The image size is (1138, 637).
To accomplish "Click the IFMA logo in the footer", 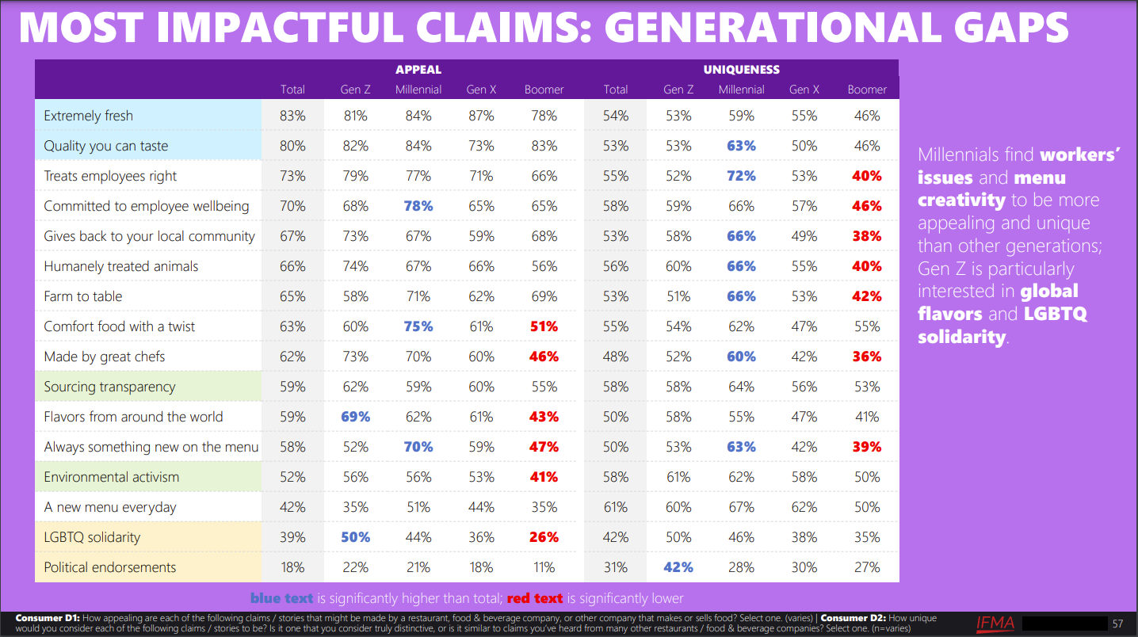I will pos(995,623).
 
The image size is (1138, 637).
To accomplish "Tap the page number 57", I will pos(1118,624).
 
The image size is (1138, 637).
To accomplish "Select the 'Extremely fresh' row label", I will pos(89,116).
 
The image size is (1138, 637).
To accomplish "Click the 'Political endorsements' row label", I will pos(110,567).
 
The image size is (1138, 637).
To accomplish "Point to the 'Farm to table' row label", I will pos(83,296).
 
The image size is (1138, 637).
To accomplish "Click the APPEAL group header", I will pos(418,70).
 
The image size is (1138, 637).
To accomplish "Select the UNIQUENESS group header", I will pos(741,70).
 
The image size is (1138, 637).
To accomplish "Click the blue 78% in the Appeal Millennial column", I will pos(418,206).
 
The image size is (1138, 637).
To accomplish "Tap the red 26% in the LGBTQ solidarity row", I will pos(544,537).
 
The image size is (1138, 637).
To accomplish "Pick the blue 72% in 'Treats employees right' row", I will pos(741,176).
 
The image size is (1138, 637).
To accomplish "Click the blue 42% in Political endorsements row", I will pos(678,567).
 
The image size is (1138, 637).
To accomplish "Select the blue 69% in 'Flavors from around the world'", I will pos(355,417).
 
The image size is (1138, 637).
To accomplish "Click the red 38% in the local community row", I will pos(867,236).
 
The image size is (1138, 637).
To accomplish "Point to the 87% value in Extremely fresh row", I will pos(481,116).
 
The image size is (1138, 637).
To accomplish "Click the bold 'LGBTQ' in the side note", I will pos(1056,314).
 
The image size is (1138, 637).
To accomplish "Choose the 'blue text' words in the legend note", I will pos(281,598).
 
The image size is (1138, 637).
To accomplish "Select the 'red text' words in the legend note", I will pos(535,598).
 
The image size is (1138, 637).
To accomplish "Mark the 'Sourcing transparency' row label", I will pos(109,387).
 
